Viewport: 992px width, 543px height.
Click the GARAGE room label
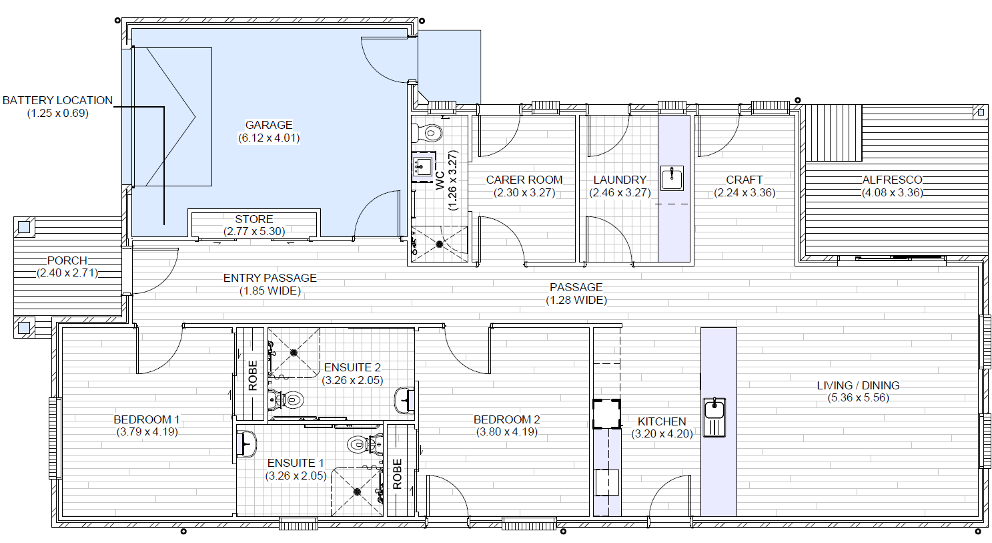[x=269, y=125]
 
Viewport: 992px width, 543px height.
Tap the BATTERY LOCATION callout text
[x=57, y=100]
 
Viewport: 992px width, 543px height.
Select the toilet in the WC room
[x=432, y=132]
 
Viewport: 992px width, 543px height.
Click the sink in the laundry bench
[x=672, y=178]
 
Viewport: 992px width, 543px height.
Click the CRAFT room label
[x=744, y=180]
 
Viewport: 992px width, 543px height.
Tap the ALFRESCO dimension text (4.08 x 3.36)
[x=892, y=192]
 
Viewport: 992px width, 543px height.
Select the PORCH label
[x=67, y=260]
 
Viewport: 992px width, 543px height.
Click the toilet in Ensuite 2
[x=291, y=401]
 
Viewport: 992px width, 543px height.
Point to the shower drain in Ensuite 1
[x=357, y=492]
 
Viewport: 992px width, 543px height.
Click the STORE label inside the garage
[x=254, y=219]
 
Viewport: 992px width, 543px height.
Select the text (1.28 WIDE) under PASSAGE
[x=576, y=301]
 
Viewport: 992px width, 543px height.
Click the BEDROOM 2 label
[x=506, y=419]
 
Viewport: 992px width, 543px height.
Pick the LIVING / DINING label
[x=858, y=385]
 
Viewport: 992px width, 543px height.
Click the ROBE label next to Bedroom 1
[x=253, y=375]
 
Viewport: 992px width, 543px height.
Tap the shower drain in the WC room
[x=440, y=244]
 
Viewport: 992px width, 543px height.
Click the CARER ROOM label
[x=524, y=180]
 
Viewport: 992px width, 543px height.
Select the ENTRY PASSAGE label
[x=270, y=278]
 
